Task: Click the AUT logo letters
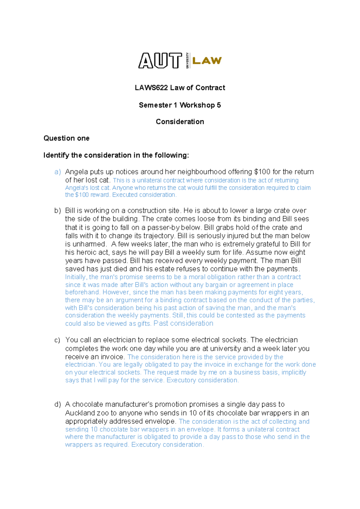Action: pyautogui.click(x=160, y=61)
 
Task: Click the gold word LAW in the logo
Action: pyautogui.click(x=207, y=61)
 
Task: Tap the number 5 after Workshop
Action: pyautogui.click(x=219, y=105)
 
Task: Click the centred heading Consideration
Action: pyautogui.click(x=180, y=122)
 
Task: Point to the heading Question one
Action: pyautogui.click(x=66, y=138)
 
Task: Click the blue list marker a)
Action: pyautogui.click(x=58, y=172)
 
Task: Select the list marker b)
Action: pyautogui.click(x=58, y=211)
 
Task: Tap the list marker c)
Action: pyautogui.click(x=57, y=340)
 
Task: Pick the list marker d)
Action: pyautogui.click(x=58, y=405)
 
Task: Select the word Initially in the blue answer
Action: pyautogui.click(x=76, y=277)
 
